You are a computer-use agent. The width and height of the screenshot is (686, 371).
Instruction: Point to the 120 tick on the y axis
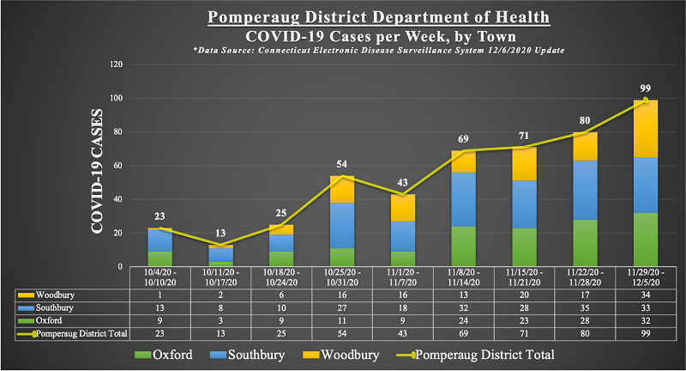coord(119,64)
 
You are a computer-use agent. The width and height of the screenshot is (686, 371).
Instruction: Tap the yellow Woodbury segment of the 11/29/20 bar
coord(645,129)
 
